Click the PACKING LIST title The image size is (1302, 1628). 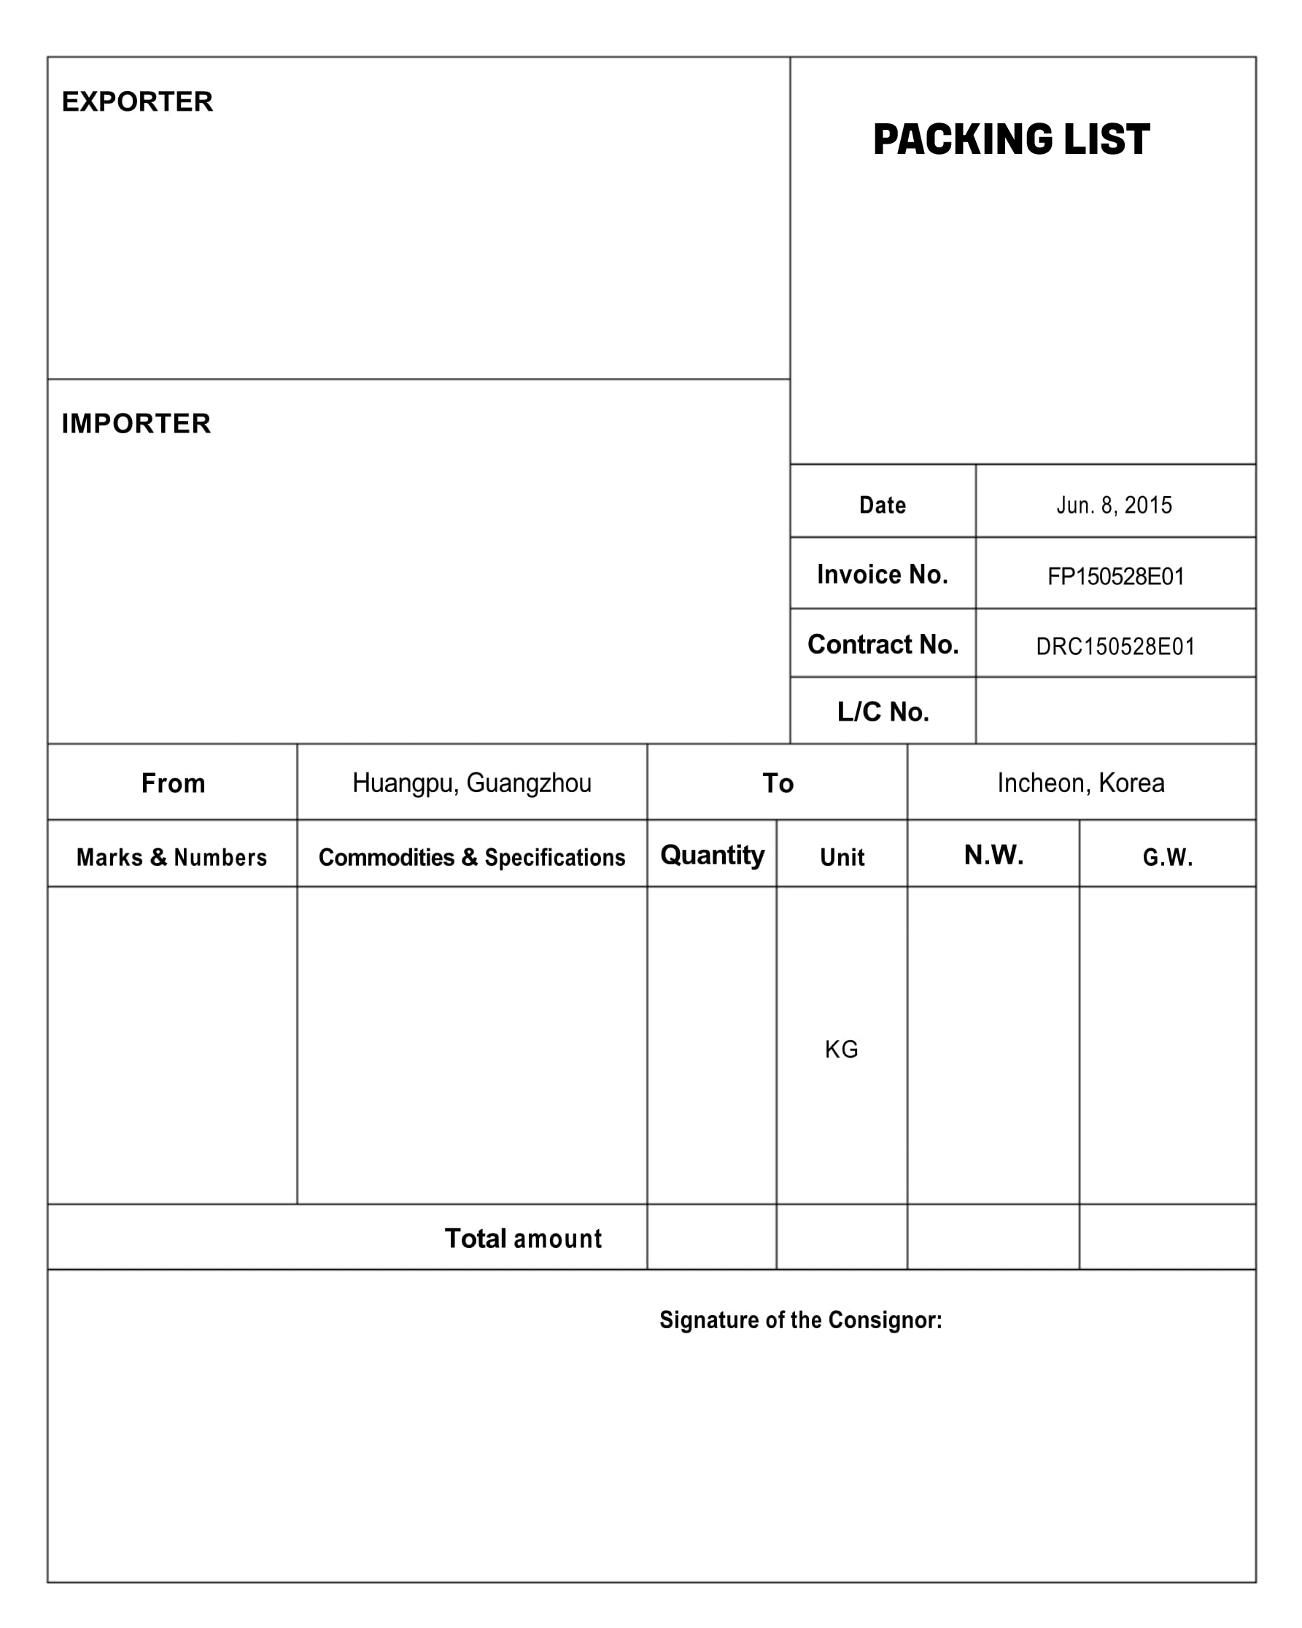1010,140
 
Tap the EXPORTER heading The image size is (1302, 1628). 137,102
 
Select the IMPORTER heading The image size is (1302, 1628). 136,424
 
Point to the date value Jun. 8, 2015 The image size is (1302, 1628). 1114,505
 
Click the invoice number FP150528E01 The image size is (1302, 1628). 1115,577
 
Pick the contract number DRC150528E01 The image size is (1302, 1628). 1115,646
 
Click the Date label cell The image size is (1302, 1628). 882,505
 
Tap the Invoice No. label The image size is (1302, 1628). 882,575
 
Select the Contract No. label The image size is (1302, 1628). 882,644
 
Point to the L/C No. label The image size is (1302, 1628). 882,711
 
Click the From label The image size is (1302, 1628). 173,783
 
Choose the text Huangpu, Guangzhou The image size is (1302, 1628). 471,783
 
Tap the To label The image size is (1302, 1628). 777,783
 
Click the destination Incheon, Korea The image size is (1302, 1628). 1080,783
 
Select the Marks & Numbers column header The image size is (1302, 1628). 171,857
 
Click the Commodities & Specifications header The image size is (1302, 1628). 471,857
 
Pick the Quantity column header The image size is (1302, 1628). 711,855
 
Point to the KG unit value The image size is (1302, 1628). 840,1049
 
